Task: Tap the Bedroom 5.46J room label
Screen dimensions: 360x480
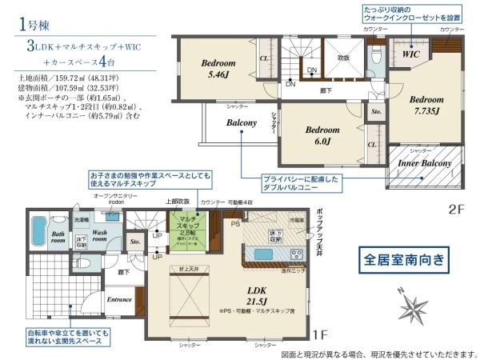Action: tap(218, 70)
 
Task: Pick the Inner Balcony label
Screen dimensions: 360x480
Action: tap(426, 164)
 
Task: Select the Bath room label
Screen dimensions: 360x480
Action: tap(58, 238)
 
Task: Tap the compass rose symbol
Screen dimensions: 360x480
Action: tap(415, 307)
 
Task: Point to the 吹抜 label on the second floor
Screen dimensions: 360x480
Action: tap(342, 58)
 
